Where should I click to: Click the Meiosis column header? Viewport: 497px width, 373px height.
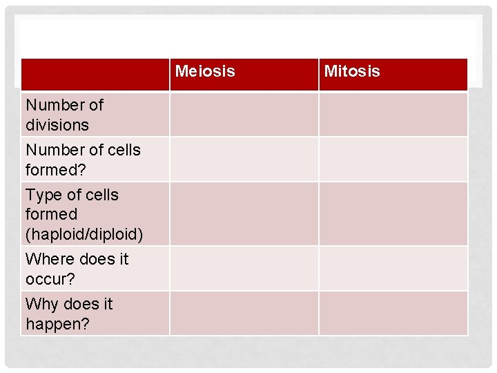(x=205, y=71)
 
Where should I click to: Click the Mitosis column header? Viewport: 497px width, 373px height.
(x=352, y=71)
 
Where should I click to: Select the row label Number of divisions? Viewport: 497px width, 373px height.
(x=64, y=115)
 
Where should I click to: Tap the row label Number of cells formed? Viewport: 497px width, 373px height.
(x=83, y=160)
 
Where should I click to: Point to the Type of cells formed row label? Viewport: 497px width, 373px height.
(x=72, y=204)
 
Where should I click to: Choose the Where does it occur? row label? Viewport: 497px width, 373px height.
(x=77, y=269)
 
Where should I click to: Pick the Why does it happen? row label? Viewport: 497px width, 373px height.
(x=69, y=314)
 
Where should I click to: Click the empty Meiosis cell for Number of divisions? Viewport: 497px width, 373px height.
(x=244, y=115)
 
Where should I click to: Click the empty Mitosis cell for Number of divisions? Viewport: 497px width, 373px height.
(x=393, y=115)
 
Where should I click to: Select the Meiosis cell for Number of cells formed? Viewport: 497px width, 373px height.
(x=244, y=160)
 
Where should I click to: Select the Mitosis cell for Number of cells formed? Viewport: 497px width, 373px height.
(x=393, y=160)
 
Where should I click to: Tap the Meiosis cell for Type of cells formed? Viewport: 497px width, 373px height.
(x=244, y=214)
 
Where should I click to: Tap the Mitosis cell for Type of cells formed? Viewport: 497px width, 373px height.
(x=393, y=214)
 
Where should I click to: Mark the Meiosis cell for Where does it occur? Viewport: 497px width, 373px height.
(x=244, y=269)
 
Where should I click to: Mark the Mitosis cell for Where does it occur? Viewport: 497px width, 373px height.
(x=393, y=269)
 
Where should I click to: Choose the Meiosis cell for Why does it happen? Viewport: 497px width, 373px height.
(x=244, y=314)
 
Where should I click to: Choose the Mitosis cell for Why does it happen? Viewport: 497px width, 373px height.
(x=393, y=314)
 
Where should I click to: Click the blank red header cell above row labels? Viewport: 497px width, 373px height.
(x=95, y=75)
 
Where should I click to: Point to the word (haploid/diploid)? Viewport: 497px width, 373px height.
(x=84, y=234)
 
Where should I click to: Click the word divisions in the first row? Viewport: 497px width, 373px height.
(x=57, y=125)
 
